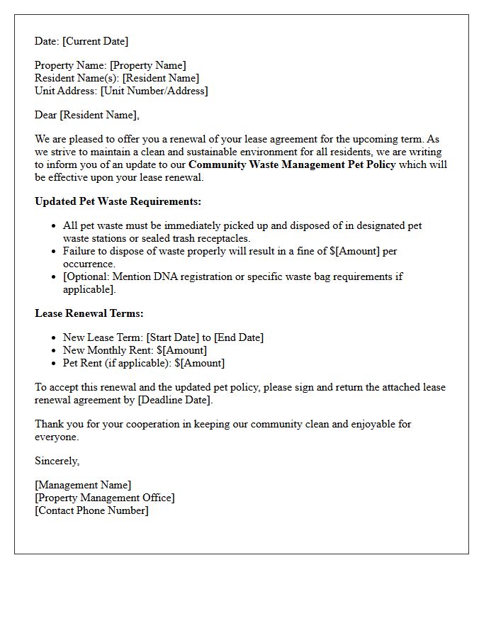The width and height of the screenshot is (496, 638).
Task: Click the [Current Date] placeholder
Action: point(96,41)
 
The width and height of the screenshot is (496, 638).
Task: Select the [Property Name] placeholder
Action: point(147,66)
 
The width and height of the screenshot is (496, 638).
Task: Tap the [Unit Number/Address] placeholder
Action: point(154,91)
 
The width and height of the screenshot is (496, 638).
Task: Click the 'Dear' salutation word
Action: point(46,115)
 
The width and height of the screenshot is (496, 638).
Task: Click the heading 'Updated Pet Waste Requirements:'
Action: point(118,201)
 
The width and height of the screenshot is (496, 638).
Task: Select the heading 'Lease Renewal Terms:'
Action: point(89,313)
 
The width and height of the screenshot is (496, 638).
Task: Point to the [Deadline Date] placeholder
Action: point(174,400)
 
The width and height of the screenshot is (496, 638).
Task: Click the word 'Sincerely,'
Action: point(57,461)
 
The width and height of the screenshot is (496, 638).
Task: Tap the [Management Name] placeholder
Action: point(83,485)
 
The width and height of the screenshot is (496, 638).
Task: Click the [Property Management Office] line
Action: point(105,498)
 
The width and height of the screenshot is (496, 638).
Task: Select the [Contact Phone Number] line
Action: point(92,510)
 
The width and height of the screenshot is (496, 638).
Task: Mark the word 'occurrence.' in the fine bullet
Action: point(89,264)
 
